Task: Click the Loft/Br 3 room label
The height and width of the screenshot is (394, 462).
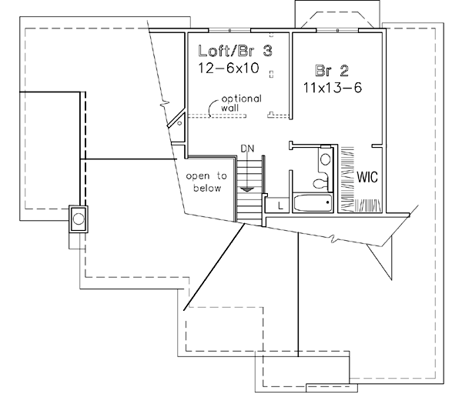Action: click(x=236, y=52)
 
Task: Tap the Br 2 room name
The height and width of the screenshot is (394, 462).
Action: click(x=333, y=71)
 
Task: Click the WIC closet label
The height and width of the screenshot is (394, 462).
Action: click(x=366, y=176)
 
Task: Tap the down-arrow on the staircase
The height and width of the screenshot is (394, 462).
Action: click(x=246, y=188)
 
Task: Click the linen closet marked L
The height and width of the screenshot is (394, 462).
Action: click(x=278, y=205)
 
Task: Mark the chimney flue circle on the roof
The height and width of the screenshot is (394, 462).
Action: click(x=78, y=219)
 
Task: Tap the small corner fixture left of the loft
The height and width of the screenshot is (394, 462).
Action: click(x=179, y=121)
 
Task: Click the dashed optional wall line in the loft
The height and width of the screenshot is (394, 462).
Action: click(x=216, y=116)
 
